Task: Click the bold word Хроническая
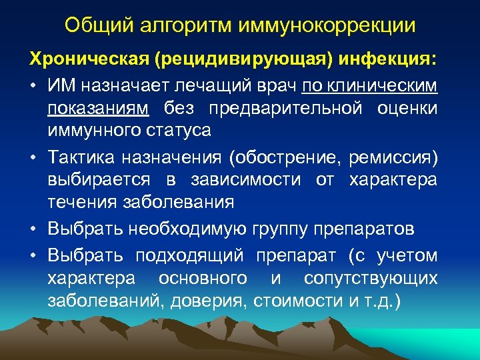88,60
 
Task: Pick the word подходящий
193,255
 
